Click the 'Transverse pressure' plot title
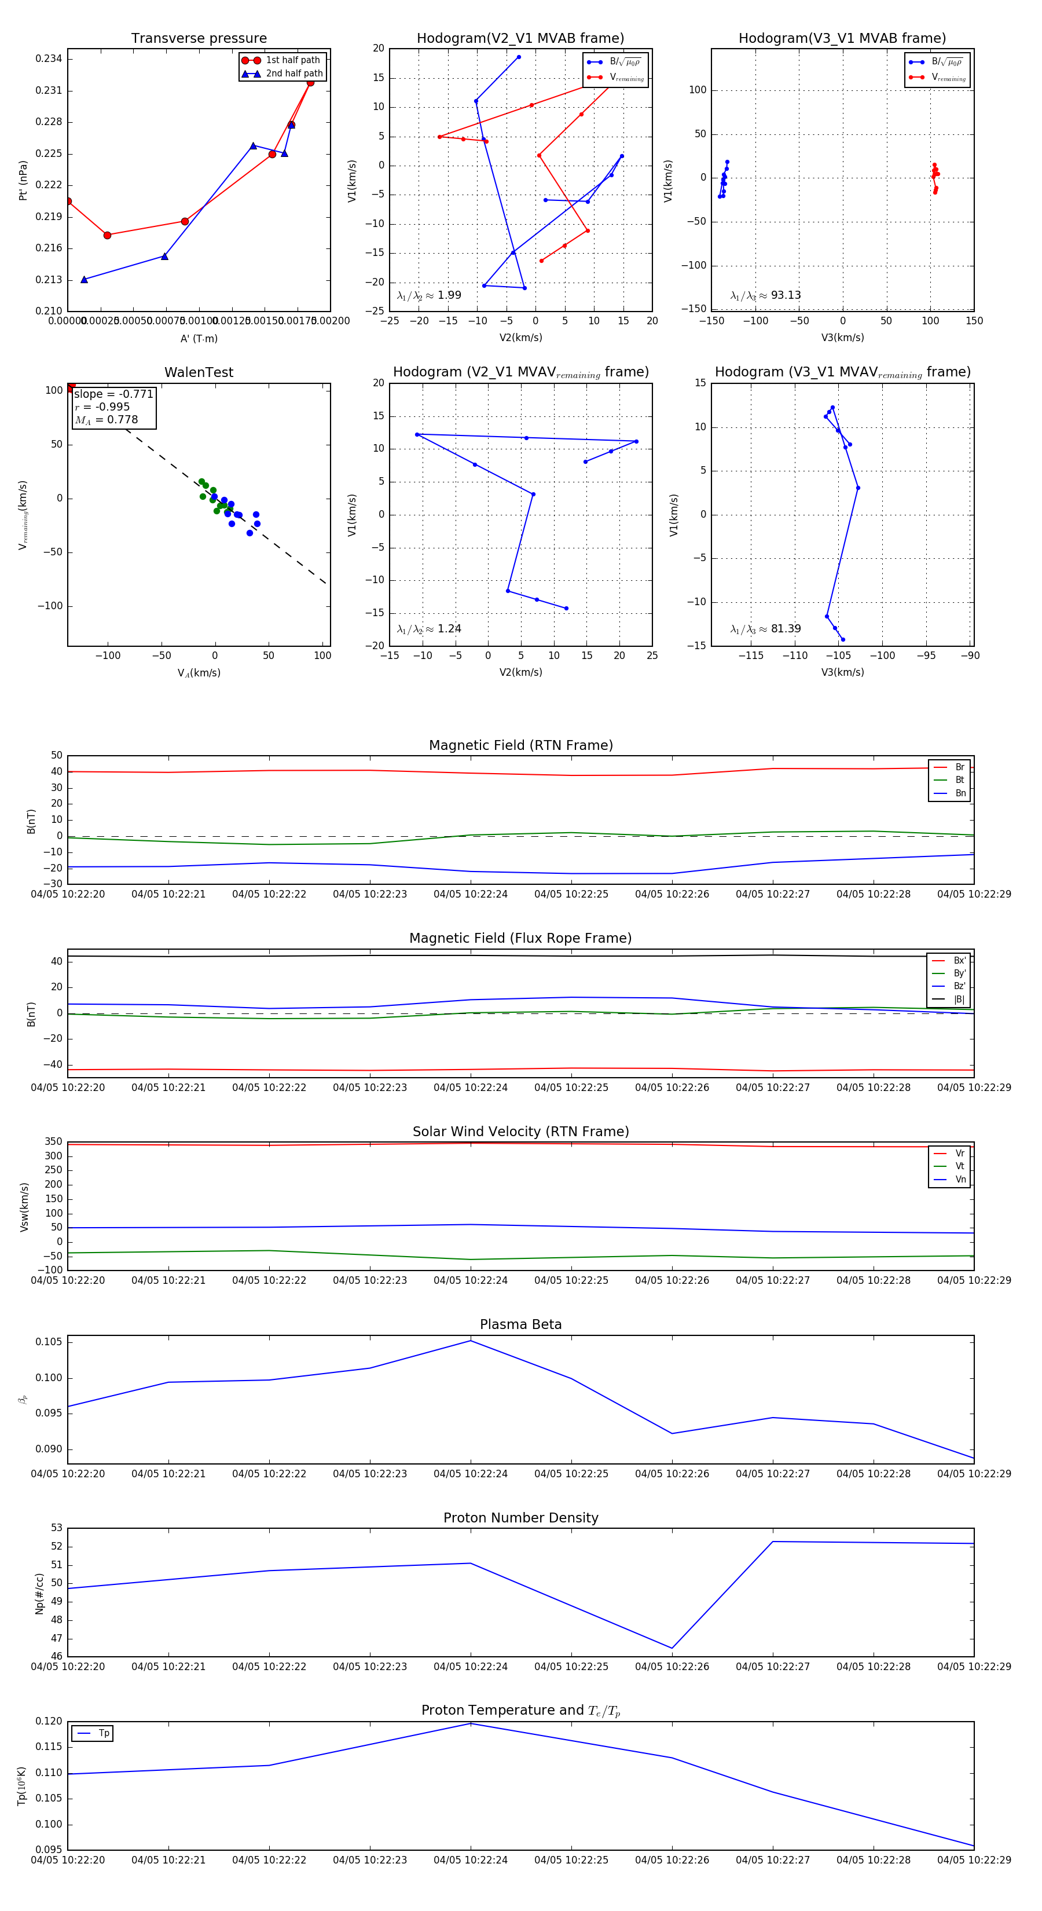click(x=199, y=39)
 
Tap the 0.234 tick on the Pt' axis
click(x=49, y=58)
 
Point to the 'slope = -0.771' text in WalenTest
click(x=113, y=394)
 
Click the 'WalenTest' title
click(x=199, y=372)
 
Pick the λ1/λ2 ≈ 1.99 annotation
click(x=428, y=295)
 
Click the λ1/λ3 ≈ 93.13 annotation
click(x=765, y=295)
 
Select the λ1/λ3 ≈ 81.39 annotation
click(x=765, y=629)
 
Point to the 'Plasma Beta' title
click(x=520, y=1325)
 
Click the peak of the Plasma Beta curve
click(x=470, y=1341)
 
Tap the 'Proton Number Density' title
click(x=520, y=1518)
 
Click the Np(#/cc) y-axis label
click(x=39, y=1594)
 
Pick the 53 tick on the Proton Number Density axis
click(x=56, y=1528)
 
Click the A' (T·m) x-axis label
click(x=199, y=338)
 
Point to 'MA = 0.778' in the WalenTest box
click(x=106, y=420)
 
